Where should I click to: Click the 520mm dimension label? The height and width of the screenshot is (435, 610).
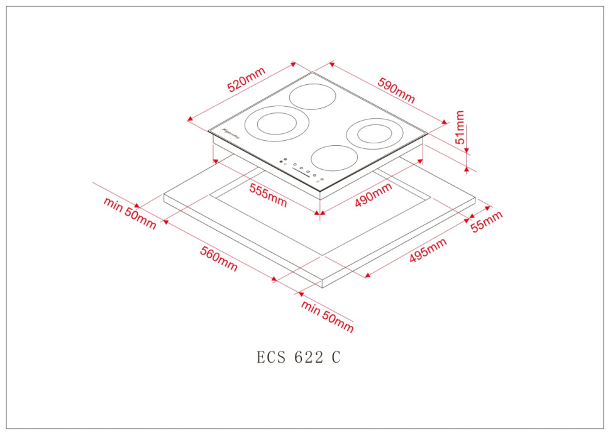[x=247, y=80]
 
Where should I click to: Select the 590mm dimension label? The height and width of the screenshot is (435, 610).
[x=396, y=91]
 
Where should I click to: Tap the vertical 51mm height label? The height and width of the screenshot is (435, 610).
[x=461, y=128]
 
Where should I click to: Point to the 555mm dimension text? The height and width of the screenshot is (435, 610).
[x=268, y=195]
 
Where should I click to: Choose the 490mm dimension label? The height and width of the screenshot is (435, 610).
[x=372, y=194]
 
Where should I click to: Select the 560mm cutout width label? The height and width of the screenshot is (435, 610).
[x=219, y=258]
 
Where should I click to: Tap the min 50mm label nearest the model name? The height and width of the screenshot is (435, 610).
[x=327, y=316]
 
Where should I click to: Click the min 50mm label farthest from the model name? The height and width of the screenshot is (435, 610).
[x=130, y=213]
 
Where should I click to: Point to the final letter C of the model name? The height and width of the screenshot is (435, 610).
[x=336, y=358]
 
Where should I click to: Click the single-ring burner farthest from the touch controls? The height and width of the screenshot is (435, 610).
[x=313, y=96]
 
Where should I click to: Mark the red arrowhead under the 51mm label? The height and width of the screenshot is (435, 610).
[x=466, y=166]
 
